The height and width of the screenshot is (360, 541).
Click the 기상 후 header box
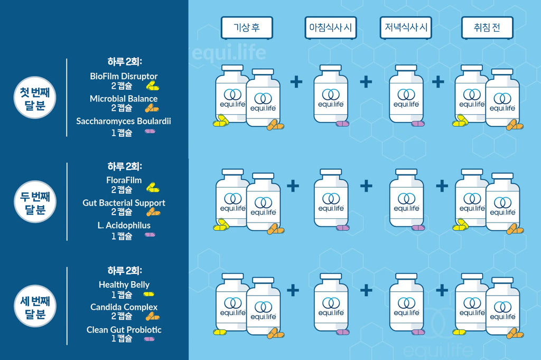(247, 27)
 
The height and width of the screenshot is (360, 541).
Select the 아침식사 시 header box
(331, 27)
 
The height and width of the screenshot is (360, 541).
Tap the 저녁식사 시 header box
(406, 27)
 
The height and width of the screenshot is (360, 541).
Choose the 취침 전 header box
(487, 27)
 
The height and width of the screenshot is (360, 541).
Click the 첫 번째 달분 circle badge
(35, 98)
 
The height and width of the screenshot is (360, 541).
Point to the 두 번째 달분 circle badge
(35, 202)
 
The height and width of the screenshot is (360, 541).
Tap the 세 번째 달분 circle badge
(35, 306)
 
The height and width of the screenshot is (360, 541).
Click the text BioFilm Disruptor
(124, 76)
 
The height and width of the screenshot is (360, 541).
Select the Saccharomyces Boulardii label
(124, 121)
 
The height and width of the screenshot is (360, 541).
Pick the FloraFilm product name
(124, 180)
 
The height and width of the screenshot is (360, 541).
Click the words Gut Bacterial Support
(124, 203)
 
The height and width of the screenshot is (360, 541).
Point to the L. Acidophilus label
(124, 225)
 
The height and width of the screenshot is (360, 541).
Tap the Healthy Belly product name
(124, 285)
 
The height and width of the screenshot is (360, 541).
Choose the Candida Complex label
(124, 307)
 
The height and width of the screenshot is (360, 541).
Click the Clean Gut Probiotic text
(124, 330)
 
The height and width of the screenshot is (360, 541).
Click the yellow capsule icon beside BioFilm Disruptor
(153, 86)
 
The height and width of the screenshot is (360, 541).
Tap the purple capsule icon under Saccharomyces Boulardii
(150, 131)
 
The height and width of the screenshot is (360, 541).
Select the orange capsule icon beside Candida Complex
(153, 316)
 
